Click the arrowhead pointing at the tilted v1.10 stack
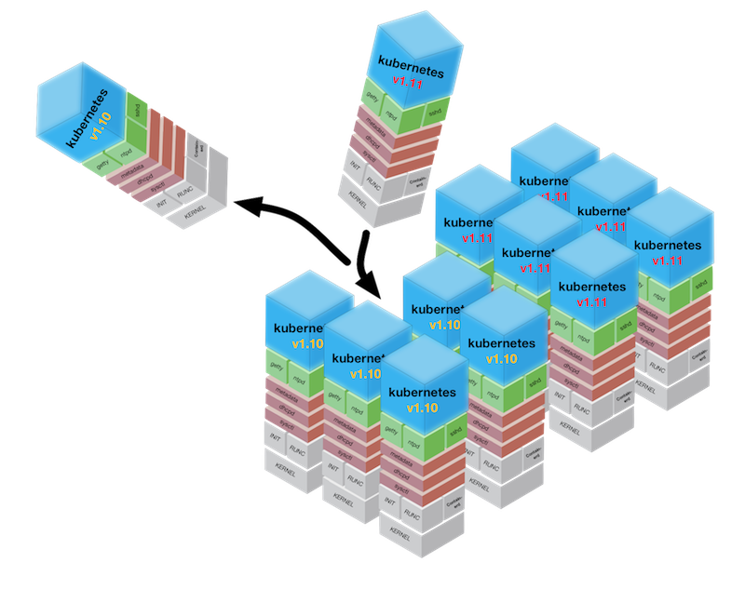[x=237, y=204]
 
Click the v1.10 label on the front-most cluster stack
[x=423, y=408]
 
